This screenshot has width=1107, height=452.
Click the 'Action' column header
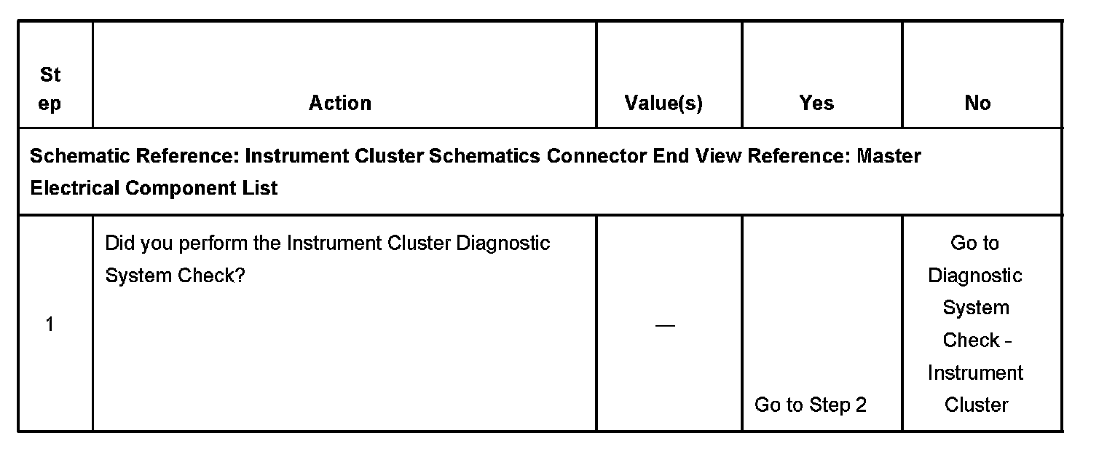340,104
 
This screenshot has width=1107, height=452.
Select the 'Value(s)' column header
663,104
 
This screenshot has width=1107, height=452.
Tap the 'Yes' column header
816,104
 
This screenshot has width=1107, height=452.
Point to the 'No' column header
977,104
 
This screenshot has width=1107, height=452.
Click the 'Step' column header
50,89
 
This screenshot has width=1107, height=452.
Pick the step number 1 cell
50,324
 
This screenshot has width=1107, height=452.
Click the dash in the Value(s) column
665,325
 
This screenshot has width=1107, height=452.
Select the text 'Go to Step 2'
811,405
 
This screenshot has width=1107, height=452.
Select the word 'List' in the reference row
261,188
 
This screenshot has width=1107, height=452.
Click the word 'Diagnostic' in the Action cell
503,243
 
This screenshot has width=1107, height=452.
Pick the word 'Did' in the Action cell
120,243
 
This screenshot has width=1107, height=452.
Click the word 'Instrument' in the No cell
975,373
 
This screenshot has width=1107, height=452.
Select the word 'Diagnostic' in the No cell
975,276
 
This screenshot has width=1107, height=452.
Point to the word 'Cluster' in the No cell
976,405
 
